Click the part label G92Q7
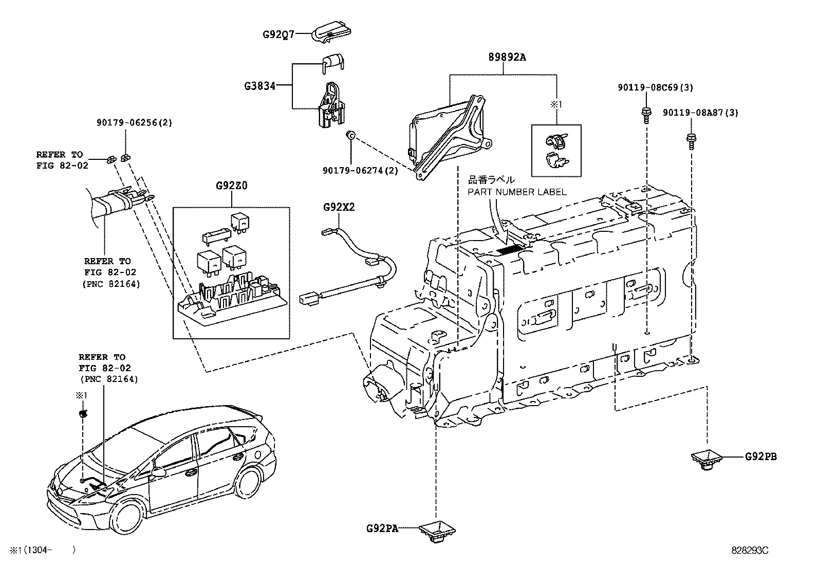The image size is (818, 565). pyautogui.click(x=278, y=34)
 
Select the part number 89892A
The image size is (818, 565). pyautogui.click(x=507, y=58)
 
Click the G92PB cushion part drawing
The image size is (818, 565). pyautogui.click(x=708, y=459)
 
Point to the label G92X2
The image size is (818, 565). pyautogui.click(x=339, y=207)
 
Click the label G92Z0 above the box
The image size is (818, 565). pyautogui.click(x=231, y=186)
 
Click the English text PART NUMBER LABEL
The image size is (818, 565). pyautogui.click(x=517, y=192)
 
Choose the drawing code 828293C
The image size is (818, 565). pyautogui.click(x=750, y=550)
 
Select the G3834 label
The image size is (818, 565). pyautogui.click(x=259, y=85)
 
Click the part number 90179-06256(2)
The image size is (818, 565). pyautogui.click(x=134, y=122)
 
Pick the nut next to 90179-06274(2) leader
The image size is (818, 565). pyautogui.click(x=350, y=135)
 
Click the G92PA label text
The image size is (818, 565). pyautogui.click(x=382, y=528)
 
